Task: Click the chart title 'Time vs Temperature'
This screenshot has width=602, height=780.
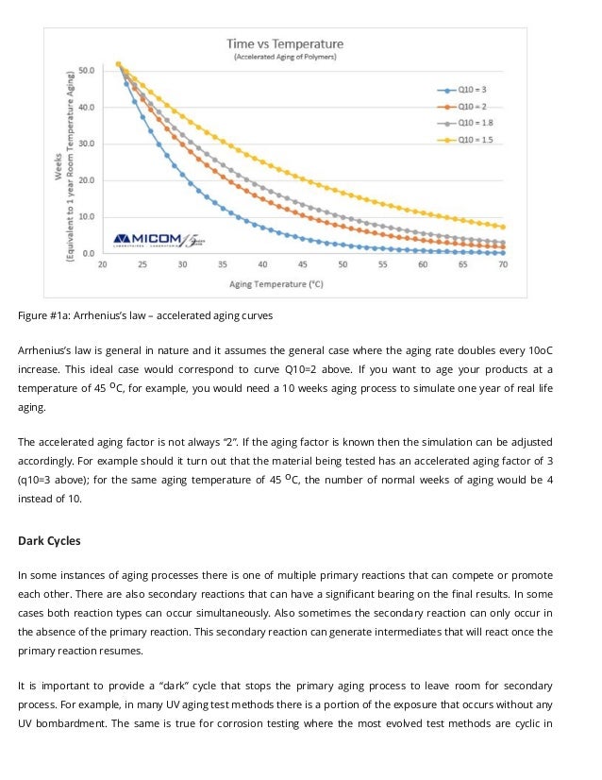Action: coord(285,43)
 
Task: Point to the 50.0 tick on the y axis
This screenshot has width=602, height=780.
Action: coord(86,70)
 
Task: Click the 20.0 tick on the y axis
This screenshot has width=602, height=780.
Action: coord(86,180)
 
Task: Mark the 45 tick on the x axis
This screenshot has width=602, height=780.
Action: coord(302,265)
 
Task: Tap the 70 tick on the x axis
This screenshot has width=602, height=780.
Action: coord(503,265)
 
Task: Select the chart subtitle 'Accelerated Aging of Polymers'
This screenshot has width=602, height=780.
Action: coord(285,58)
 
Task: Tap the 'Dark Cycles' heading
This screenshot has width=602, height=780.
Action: coord(49,541)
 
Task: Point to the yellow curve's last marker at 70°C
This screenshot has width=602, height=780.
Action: coord(503,227)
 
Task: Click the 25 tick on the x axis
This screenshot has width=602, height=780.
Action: coord(142,265)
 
